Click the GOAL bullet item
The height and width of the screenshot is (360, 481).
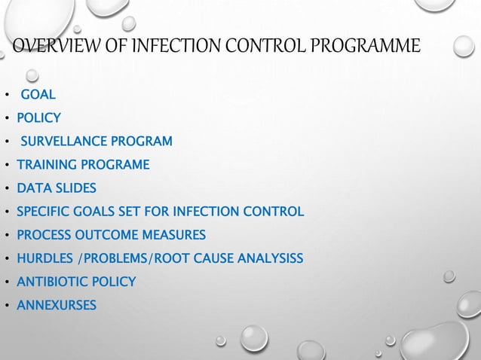(38, 94)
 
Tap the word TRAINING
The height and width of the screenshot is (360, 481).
(46, 164)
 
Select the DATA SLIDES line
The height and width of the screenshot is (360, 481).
(57, 188)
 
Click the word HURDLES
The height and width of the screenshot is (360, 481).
(44, 258)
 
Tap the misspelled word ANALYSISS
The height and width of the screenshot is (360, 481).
(268, 258)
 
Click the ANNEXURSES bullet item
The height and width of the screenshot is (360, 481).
(56, 305)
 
